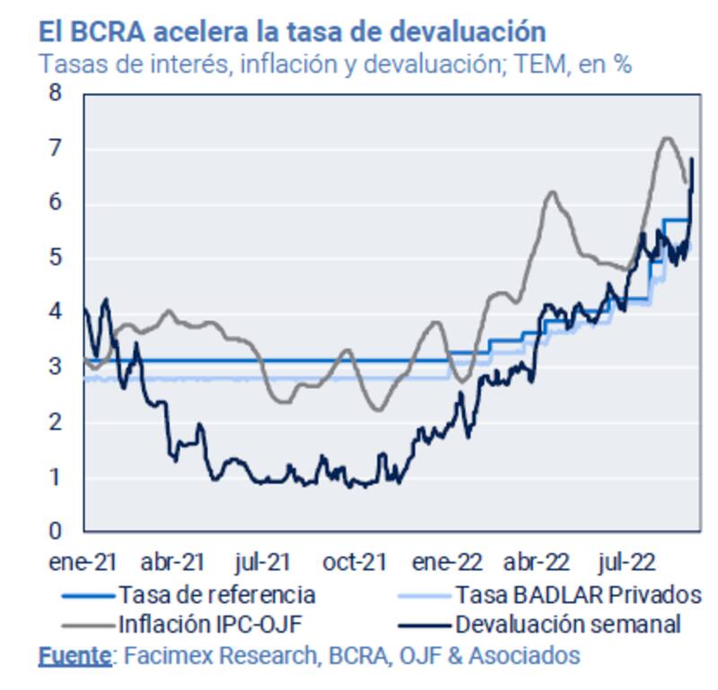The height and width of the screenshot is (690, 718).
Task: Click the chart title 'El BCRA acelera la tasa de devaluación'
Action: click(x=292, y=31)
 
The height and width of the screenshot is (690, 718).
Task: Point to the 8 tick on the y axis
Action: click(x=60, y=92)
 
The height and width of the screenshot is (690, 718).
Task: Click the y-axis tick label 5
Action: click(x=60, y=258)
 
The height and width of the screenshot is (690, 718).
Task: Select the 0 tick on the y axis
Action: click(x=60, y=531)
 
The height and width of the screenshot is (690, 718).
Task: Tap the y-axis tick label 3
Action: click(x=60, y=367)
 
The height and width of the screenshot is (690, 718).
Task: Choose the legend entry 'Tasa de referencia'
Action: click(x=216, y=594)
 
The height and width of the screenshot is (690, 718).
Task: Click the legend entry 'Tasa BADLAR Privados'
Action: click(x=577, y=594)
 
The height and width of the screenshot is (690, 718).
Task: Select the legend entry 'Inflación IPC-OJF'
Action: click(x=216, y=623)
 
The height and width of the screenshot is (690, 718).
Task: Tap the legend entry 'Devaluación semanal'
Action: click(x=568, y=623)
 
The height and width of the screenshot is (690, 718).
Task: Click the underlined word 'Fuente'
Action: click(x=74, y=656)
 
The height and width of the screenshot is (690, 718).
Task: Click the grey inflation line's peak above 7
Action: click(x=666, y=138)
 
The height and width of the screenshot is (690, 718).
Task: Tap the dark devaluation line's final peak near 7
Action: click(x=692, y=160)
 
